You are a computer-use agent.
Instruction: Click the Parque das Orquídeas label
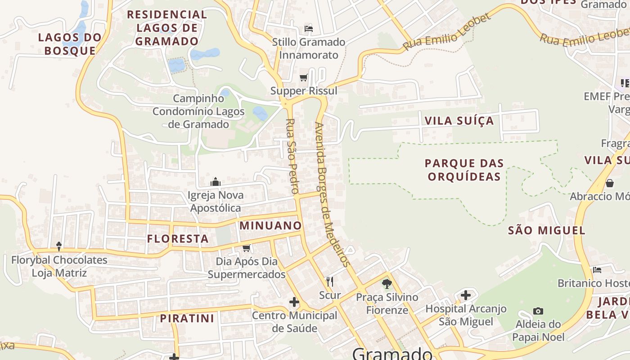[464, 170]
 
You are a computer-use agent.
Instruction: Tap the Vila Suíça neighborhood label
[459, 121]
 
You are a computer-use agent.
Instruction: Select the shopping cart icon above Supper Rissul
[304, 77]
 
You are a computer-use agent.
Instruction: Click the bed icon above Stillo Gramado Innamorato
[309, 29]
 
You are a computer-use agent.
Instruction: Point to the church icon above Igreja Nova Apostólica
[216, 182]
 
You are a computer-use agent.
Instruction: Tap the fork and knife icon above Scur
[330, 282]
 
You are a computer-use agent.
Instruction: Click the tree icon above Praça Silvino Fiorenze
[387, 284]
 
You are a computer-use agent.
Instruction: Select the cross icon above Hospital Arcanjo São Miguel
[466, 296]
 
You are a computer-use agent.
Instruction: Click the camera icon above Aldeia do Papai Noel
[538, 311]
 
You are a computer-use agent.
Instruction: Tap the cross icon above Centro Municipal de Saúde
[294, 302]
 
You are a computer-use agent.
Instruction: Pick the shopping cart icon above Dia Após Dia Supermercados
[247, 248]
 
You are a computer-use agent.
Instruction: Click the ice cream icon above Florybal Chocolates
[59, 246]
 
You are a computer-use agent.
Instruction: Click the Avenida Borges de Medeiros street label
[332, 194]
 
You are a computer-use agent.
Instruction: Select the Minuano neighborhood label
[270, 225]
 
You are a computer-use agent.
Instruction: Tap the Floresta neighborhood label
[178, 239]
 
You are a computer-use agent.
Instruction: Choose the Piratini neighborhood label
[187, 319]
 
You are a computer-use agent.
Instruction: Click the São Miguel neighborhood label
[546, 231]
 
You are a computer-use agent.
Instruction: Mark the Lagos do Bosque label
[70, 44]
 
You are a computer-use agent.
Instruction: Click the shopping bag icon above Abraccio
[610, 183]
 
